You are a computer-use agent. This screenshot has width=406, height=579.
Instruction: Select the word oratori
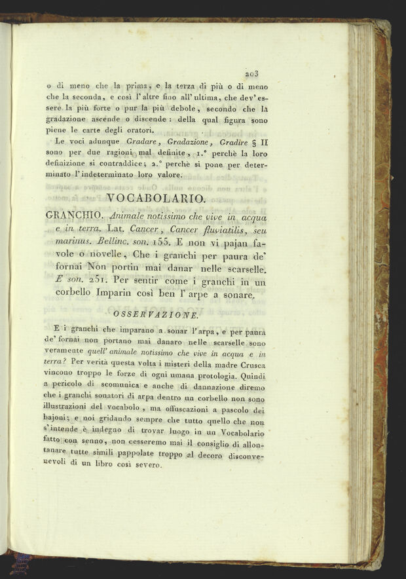pos(141,130)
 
